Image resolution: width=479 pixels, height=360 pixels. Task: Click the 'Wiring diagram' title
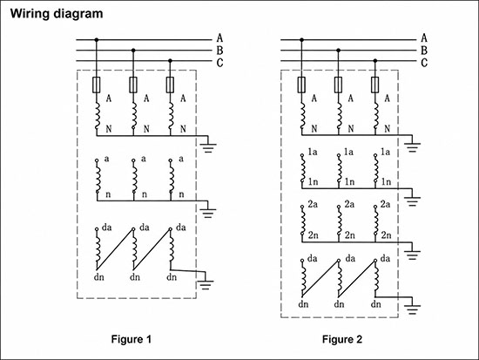pyautogui.click(x=57, y=14)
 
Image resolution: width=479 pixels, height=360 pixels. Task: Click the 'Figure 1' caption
pyautogui.click(x=131, y=339)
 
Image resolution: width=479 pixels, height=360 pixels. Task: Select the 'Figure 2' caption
pyautogui.click(x=342, y=339)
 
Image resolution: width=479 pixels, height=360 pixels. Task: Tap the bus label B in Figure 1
pyautogui.click(x=219, y=51)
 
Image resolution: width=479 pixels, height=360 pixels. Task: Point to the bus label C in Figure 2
pyautogui.click(x=424, y=63)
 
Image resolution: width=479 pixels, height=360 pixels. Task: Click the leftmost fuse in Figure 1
pyautogui.click(x=97, y=85)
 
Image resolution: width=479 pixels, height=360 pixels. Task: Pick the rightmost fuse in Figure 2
pyautogui.click(x=375, y=85)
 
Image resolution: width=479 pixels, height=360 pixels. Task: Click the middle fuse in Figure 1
pyautogui.click(x=133, y=85)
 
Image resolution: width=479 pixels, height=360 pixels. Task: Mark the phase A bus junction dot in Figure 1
pyautogui.click(x=97, y=40)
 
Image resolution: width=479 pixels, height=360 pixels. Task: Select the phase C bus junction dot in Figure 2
pyautogui.click(x=375, y=61)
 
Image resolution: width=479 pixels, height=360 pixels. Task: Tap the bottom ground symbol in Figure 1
pyautogui.click(x=206, y=285)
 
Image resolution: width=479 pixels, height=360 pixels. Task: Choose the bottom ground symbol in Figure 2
pyautogui.click(x=412, y=309)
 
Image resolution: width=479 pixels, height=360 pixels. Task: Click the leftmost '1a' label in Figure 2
pyautogui.click(x=312, y=152)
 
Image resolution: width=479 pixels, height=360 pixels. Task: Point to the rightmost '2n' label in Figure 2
pyautogui.click(x=386, y=235)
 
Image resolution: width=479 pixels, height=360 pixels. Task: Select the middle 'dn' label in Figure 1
pyautogui.click(x=135, y=277)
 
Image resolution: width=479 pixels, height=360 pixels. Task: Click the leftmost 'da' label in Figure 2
pyautogui.click(x=312, y=259)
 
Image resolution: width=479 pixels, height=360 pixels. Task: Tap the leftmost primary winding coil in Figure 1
pyautogui.click(x=98, y=116)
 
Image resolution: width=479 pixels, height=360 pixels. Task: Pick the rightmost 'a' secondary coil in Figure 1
pyautogui.click(x=172, y=177)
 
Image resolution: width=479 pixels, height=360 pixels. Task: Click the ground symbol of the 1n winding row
pyautogui.click(x=412, y=201)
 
